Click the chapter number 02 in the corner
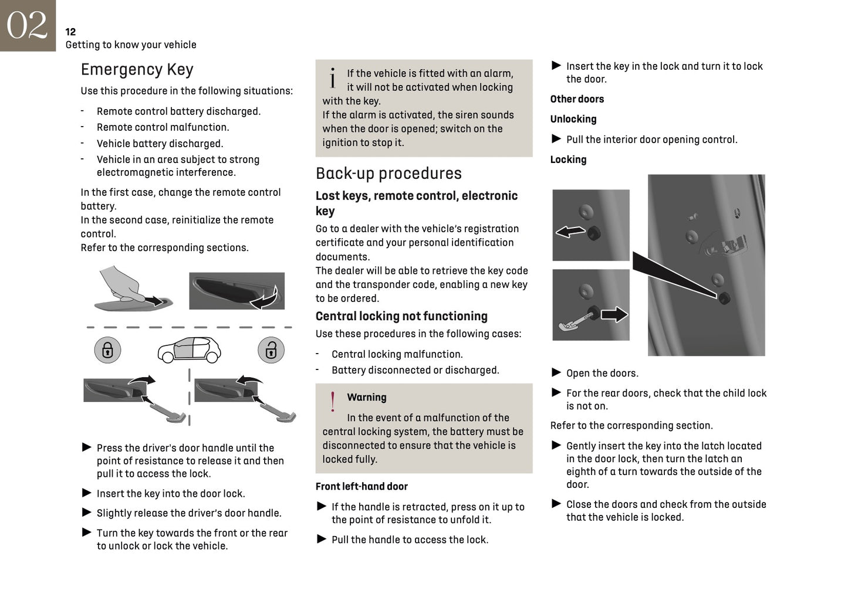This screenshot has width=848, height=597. tap(27, 25)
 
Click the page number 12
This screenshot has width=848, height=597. tap(70, 32)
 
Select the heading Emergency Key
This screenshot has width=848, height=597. tap(137, 70)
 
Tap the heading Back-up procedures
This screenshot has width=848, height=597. tap(388, 174)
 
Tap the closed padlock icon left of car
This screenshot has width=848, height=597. tap(107, 350)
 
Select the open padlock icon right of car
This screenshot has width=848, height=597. tap(271, 350)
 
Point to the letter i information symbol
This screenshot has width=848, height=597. tap(333, 78)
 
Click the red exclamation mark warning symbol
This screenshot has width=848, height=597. tap(333, 402)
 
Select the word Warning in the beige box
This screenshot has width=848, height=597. tap(366, 397)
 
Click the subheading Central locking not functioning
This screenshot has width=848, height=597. tap(401, 316)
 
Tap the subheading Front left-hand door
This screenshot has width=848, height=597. tap(361, 486)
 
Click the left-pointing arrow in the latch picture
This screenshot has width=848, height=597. tap(570, 232)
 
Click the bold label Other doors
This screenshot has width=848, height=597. tap(576, 99)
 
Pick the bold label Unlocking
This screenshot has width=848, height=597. tap(573, 119)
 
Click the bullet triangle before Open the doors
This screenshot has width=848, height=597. tap(556, 372)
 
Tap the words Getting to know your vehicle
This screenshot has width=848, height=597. tap(131, 45)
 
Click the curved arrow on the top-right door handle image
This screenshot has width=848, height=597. tap(263, 300)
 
